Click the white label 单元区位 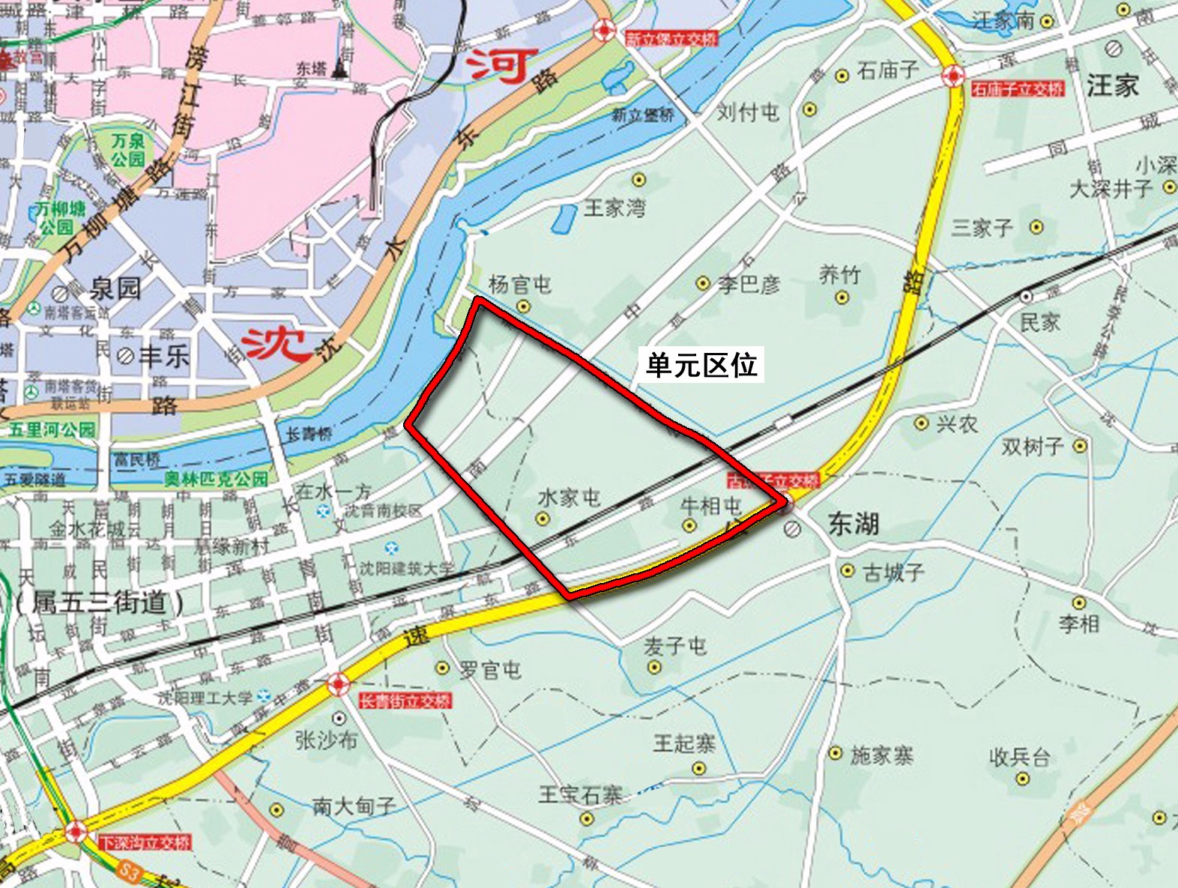701,365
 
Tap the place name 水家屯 569,497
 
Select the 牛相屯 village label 710,506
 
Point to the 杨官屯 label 519,285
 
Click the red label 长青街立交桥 405,701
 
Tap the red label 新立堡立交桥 671,39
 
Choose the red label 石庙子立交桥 1017,89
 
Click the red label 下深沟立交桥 145,842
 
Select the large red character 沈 276,345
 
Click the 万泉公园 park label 128,150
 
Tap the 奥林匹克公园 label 216,479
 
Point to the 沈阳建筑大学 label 406,569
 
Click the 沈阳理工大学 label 205,698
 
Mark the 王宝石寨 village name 580,794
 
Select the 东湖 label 853,524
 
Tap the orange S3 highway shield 130,872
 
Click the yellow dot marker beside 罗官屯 443,668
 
